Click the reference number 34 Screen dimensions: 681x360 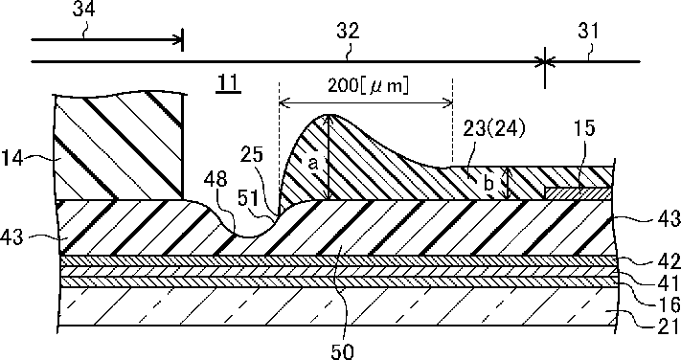coord(84,10)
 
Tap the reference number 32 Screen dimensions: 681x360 coord(348,32)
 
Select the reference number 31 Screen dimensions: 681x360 coord(588,32)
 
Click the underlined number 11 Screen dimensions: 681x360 coord(229,84)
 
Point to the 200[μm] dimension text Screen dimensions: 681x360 coord(368,86)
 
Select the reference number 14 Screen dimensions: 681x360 coord(13,160)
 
